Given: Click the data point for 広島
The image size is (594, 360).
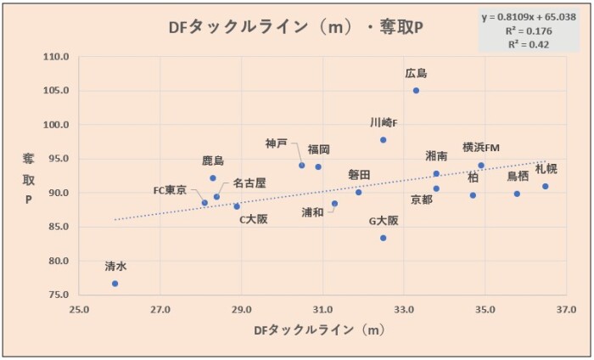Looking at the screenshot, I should click(x=416, y=91).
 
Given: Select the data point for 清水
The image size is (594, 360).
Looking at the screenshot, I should click(x=115, y=284).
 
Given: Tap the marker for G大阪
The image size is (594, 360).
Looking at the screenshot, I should click(x=384, y=238).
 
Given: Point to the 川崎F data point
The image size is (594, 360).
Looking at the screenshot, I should click(x=384, y=139).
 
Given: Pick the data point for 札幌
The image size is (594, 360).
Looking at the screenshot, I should click(x=546, y=186).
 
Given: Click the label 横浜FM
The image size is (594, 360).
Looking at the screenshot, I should click(x=481, y=148).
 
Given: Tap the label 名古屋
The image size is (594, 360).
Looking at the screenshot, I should click(x=249, y=183).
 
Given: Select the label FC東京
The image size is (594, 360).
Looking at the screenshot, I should click(x=170, y=190).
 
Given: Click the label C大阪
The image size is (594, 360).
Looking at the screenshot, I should click(x=253, y=218).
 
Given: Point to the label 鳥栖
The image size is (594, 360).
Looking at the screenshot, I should click(x=518, y=177).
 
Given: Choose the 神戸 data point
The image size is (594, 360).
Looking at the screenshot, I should click(x=301, y=165).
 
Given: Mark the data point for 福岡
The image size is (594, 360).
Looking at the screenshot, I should click(x=318, y=166).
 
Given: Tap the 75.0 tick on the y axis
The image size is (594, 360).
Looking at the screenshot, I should click(x=58, y=295).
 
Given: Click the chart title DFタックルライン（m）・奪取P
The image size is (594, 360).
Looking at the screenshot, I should click(x=296, y=27).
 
